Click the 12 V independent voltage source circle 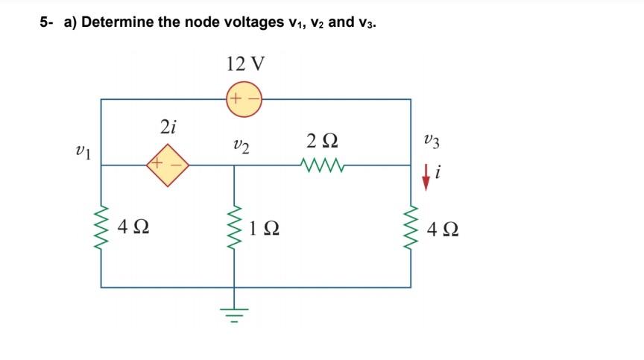coord(244,99)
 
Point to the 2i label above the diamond coord(168,127)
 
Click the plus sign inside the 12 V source coord(235,99)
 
